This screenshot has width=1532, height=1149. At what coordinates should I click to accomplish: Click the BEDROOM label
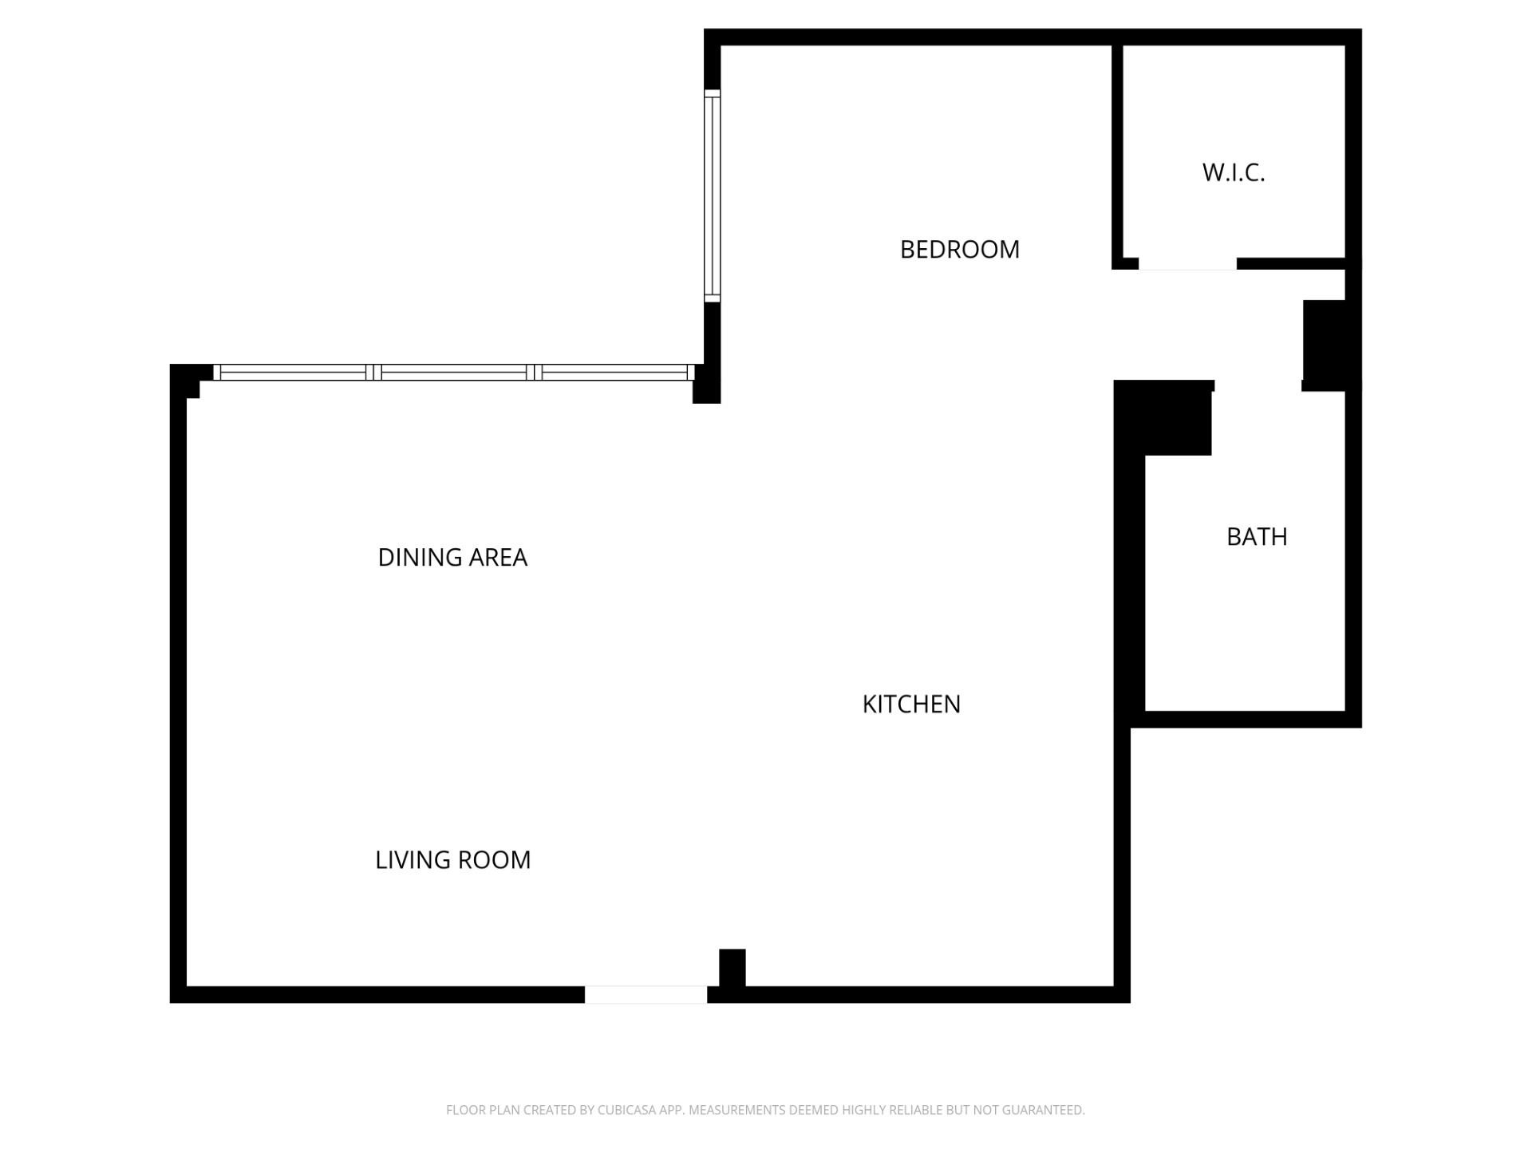tap(959, 250)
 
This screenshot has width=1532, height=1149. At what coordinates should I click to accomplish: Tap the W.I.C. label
tap(1234, 172)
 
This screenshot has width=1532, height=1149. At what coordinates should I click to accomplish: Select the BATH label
tap(1257, 537)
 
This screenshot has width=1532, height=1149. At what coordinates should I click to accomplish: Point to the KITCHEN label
tap(911, 704)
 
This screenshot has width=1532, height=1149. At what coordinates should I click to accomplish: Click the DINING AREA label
tap(452, 557)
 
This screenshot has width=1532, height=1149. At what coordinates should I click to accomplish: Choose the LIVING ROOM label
tap(452, 859)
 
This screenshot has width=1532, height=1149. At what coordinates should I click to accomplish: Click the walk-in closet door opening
tap(1187, 264)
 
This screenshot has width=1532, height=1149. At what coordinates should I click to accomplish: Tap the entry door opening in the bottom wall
tap(646, 994)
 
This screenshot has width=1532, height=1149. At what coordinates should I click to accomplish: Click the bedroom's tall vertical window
tap(713, 196)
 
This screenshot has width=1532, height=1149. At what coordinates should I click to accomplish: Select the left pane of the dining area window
tap(293, 373)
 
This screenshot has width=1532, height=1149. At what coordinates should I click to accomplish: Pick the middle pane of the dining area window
tap(454, 373)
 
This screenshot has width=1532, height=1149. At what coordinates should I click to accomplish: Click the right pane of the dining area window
tap(614, 373)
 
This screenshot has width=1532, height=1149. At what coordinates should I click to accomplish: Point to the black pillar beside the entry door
tap(732, 968)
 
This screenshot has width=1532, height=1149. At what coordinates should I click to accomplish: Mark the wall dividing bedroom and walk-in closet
tap(1117, 152)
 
